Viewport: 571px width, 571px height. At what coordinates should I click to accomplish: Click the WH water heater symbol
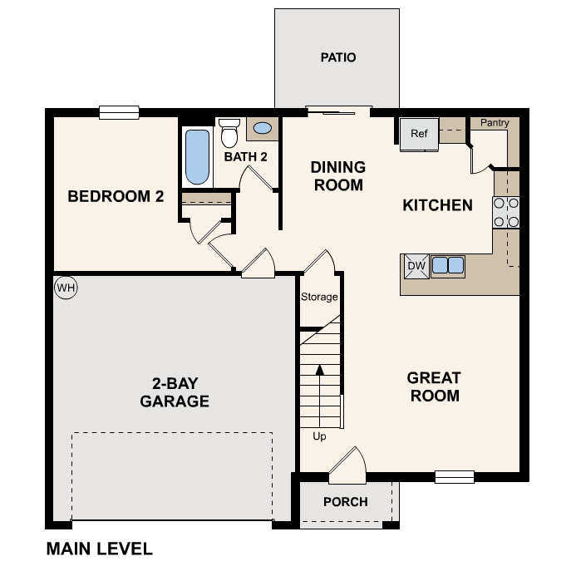66,288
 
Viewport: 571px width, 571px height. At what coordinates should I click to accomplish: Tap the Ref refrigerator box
419,134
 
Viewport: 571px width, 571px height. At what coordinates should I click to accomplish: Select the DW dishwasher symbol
416,266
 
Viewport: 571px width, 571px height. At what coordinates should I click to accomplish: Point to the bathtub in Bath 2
197,157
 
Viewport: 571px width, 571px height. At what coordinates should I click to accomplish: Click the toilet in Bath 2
229,133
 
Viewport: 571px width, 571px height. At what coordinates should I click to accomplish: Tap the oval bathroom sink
262,129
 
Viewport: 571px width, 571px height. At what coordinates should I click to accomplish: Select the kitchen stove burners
506,212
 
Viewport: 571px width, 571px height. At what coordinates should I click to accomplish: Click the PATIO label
338,57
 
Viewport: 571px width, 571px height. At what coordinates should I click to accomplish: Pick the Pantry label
495,123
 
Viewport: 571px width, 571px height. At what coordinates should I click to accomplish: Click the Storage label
319,297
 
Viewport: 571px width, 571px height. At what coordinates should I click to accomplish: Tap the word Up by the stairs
319,436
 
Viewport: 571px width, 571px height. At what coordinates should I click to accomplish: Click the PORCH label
346,501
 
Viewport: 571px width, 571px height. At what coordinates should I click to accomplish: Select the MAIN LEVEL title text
100,549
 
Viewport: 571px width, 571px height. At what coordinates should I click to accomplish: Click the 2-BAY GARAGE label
174,392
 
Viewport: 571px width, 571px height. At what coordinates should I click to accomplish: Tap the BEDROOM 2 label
116,197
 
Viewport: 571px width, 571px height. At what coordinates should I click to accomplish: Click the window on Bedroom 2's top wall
118,112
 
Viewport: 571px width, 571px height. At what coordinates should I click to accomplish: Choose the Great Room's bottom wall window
455,477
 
